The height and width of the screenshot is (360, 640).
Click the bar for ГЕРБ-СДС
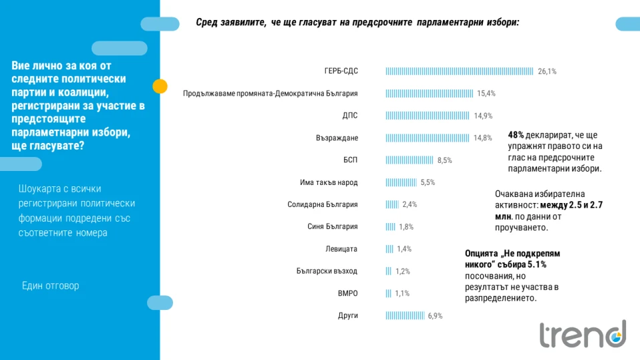pos(460,71)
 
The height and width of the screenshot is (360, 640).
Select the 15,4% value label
pos(486,94)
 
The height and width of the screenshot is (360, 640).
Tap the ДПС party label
pos(350,116)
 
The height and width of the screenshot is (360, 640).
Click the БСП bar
pos(410,160)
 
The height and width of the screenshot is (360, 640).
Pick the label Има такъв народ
pos(329,182)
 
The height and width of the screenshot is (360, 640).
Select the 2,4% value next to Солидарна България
pos(410,204)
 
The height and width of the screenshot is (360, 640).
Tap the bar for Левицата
pos(389,249)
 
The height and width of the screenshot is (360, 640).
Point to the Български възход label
pos(327,271)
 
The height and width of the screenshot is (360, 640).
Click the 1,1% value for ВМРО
pos(402,293)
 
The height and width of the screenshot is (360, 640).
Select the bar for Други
pos(405,315)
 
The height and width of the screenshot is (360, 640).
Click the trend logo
pos(583,334)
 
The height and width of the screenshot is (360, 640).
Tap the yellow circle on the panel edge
pos(160,86)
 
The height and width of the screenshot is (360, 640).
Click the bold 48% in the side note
pos(516,134)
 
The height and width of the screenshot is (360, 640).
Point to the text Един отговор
pos(50,286)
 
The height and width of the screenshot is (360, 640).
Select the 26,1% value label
pos(547,71)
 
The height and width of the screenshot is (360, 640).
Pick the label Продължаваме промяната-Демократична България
pos(271,94)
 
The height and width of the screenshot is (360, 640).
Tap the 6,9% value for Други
pos(436,315)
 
